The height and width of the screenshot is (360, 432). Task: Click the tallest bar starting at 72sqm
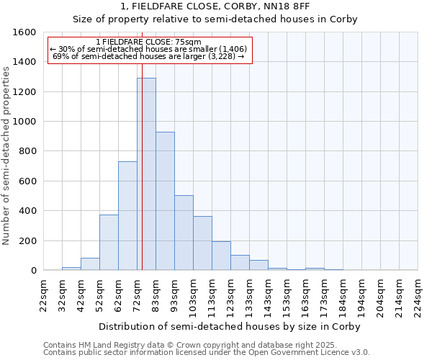point(146,174)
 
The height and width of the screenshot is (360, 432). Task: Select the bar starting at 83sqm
point(165,201)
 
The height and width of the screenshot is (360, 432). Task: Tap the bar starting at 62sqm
point(127,216)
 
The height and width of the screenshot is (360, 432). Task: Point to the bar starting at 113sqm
point(221,256)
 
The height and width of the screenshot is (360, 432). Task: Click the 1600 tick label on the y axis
point(24,32)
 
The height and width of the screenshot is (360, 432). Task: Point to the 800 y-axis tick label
point(27,151)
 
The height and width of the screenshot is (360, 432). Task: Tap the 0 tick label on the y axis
point(34,271)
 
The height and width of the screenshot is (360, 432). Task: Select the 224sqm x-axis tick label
point(418,294)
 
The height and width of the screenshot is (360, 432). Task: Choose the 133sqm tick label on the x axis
point(250,294)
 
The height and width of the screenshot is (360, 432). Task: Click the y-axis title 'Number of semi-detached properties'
point(7,153)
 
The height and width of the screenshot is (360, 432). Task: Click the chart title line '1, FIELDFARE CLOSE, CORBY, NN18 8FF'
point(216,6)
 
